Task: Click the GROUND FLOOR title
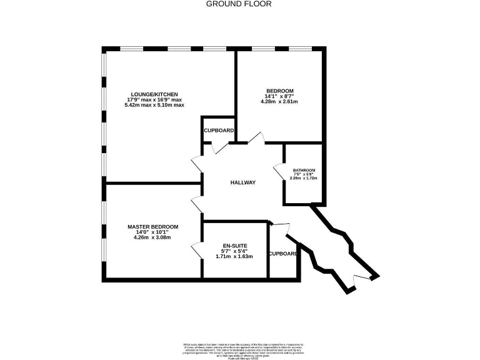pyautogui.click(x=239, y=4)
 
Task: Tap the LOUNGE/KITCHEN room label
pyautogui.click(x=154, y=93)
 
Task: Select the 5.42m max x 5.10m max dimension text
pyautogui.click(x=154, y=105)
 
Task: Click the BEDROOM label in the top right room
pyautogui.click(x=279, y=91)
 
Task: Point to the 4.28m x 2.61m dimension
pyautogui.click(x=279, y=102)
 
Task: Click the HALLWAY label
pyautogui.click(x=243, y=182)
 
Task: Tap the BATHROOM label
pyautogui.click(x=304, y=171)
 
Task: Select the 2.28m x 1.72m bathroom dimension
pyautogui.click(x=304, y=179)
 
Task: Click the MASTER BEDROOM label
pyautogui.click(x=152, y=226)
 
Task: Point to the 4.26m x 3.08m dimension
pyautogui.click(x=152, y=237)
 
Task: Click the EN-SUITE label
pyautogui.click(x=234, y=245)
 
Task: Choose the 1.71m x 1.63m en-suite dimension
pyautogui.click(x=234, y=256)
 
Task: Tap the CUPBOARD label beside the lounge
pyautogui.click(x=219, y=131)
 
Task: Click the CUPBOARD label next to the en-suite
pyautogui.click(x=283, y=254)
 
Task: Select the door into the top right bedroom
pyautogui.click(x=256, y=139)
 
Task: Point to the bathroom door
pyautogui.click(x=278, y=169)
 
